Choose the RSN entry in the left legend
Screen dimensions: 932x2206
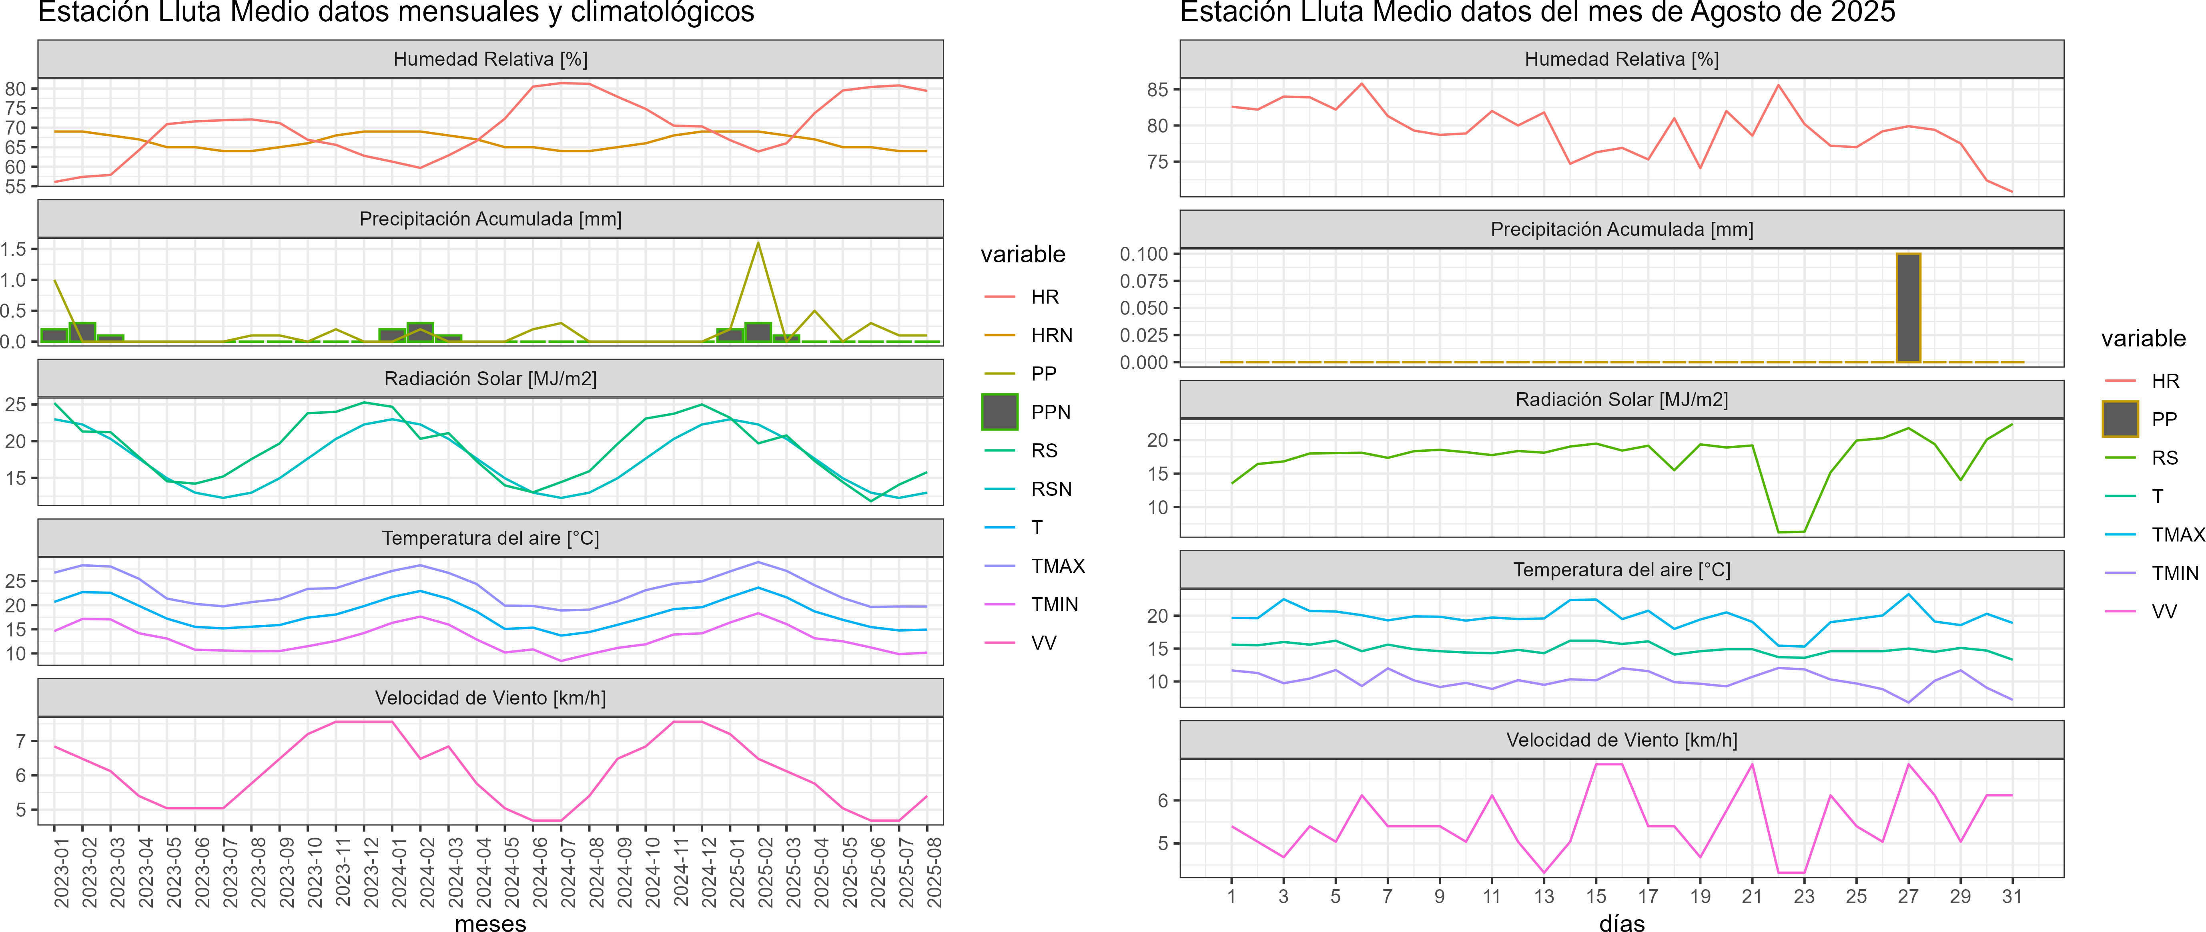click(1051, 489)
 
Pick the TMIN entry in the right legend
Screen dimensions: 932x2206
click(2174, 573)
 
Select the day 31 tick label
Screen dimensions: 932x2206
click(2011, 897)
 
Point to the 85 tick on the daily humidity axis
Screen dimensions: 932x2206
click(1158, 90)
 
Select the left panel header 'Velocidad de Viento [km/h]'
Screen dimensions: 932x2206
click(490, 698)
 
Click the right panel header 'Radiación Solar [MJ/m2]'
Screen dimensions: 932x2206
click(1621, 400)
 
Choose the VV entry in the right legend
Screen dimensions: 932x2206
click(2164, 612)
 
